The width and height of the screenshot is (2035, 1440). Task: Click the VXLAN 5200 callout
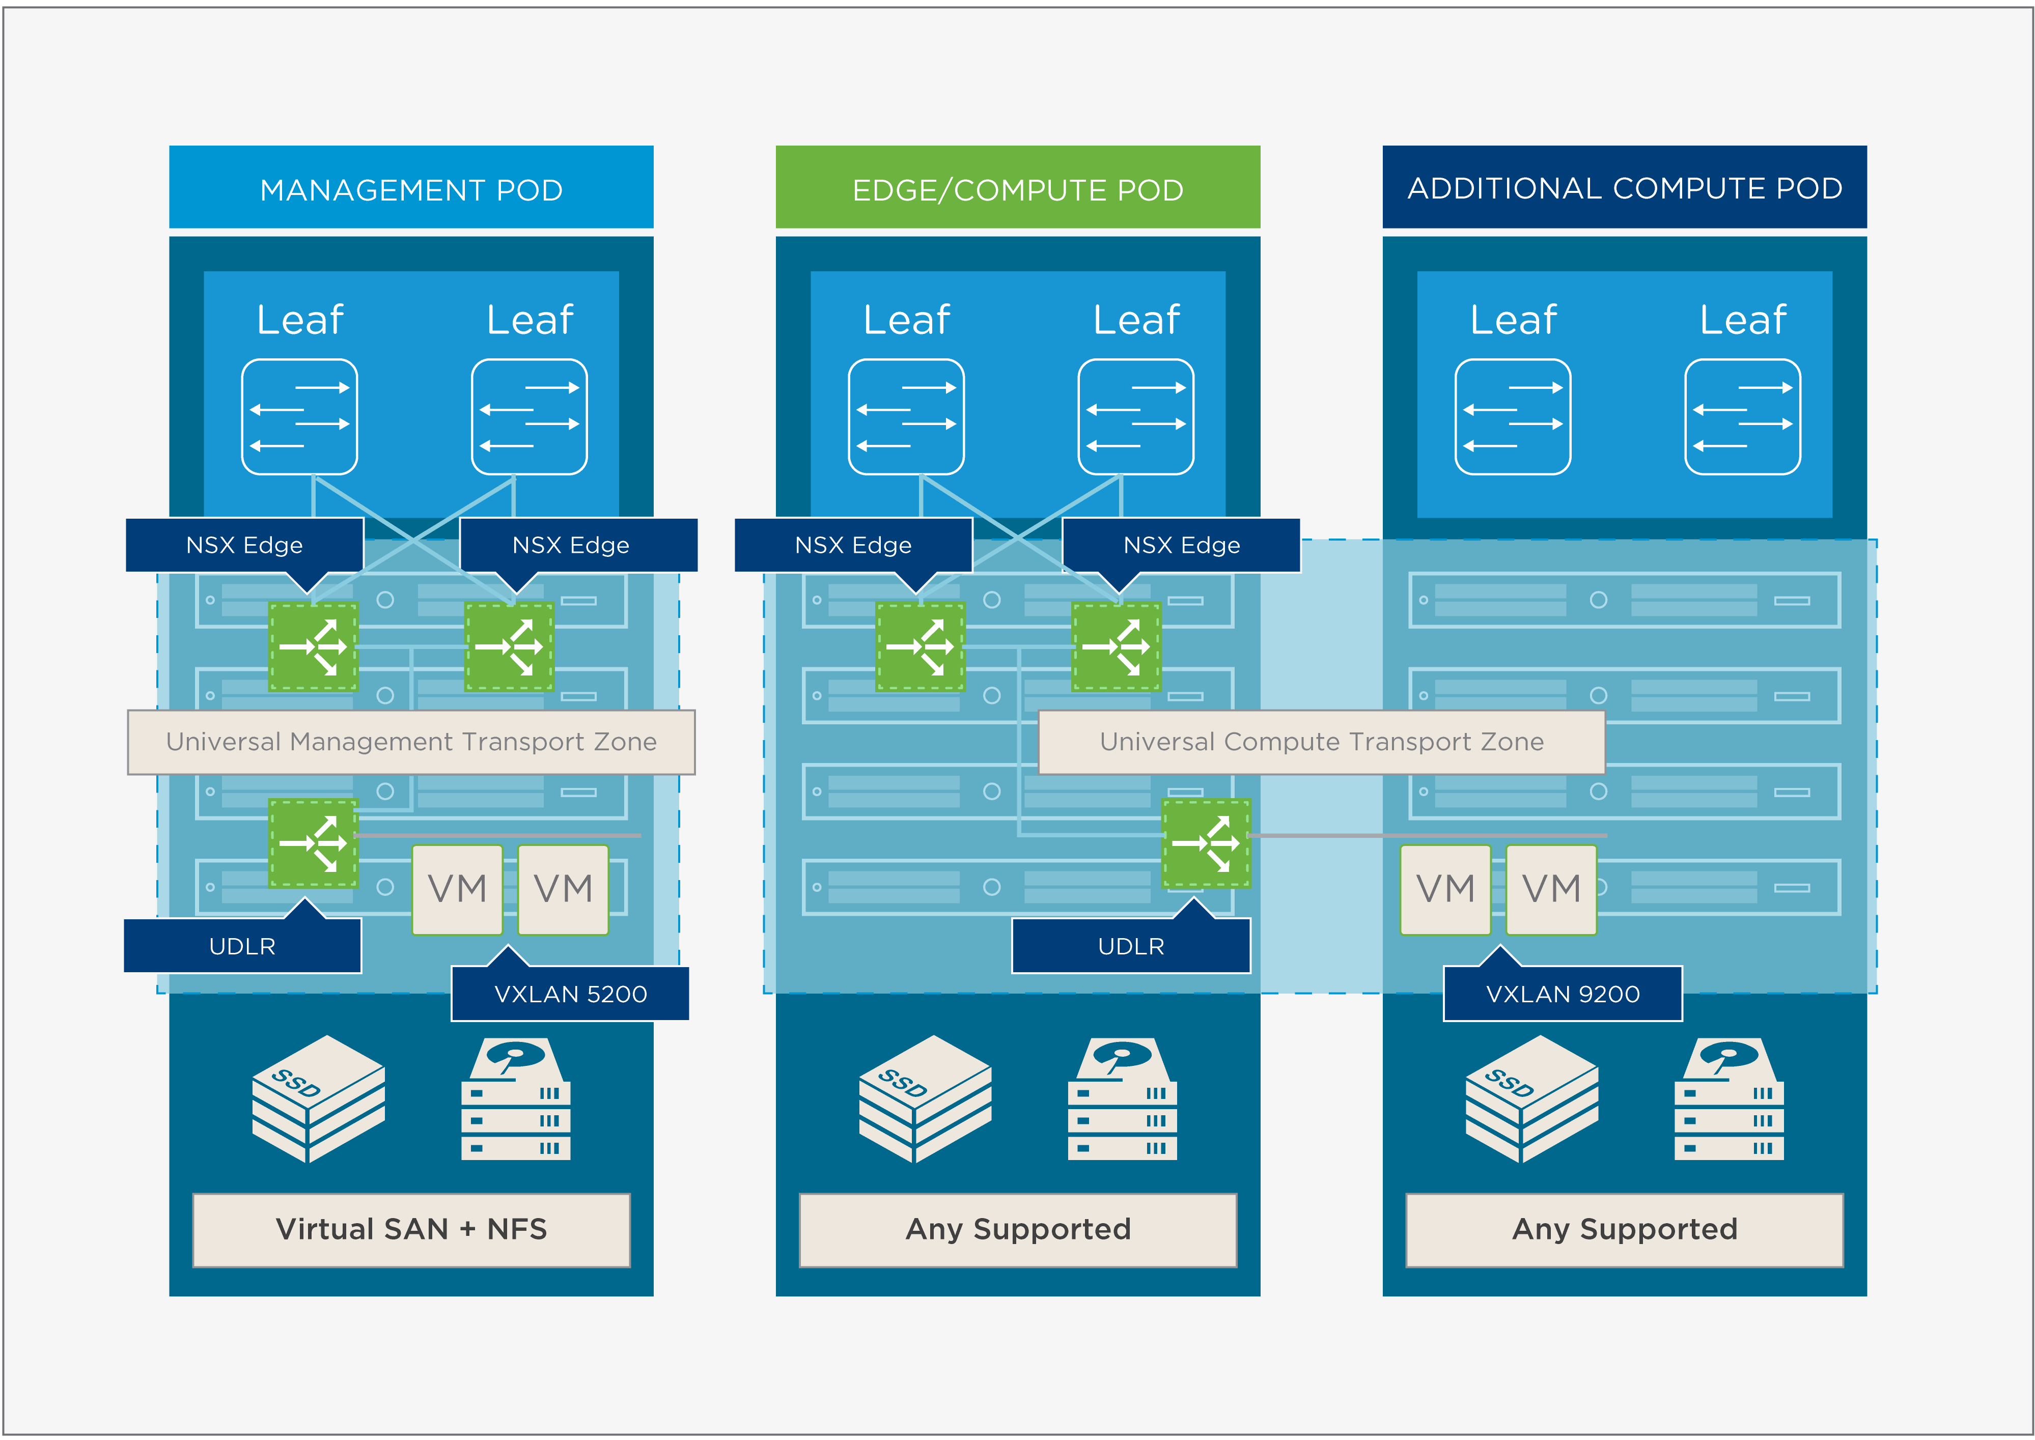tap(570, 993)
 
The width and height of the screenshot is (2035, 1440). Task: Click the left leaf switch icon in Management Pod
tap(300, 417)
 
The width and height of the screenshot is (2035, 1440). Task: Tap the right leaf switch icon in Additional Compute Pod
tap(1742, 417)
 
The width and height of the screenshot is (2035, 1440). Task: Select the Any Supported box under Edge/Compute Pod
tap(1017, 1229)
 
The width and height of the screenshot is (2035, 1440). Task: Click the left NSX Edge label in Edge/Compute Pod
tap(852, 545)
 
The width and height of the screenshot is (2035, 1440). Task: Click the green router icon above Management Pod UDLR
tap(313, 842)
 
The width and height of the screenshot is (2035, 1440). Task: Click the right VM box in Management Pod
tap(563, 888)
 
